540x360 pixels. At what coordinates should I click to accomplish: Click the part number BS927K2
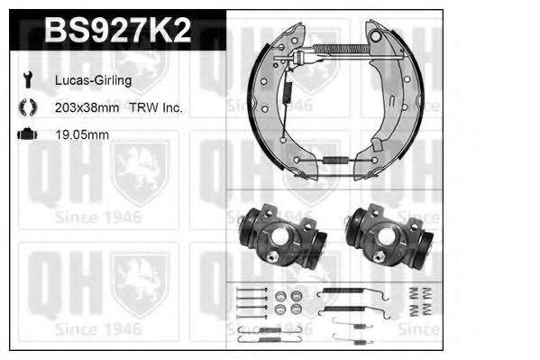[117, 32]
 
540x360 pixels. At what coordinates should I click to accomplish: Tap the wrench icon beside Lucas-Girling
[26, 80]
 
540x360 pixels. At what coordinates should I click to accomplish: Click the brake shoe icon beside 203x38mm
[26, 107]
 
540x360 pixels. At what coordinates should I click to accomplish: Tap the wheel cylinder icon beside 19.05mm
[26, 134]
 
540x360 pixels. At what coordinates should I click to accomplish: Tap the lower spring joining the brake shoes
[336, 161]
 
